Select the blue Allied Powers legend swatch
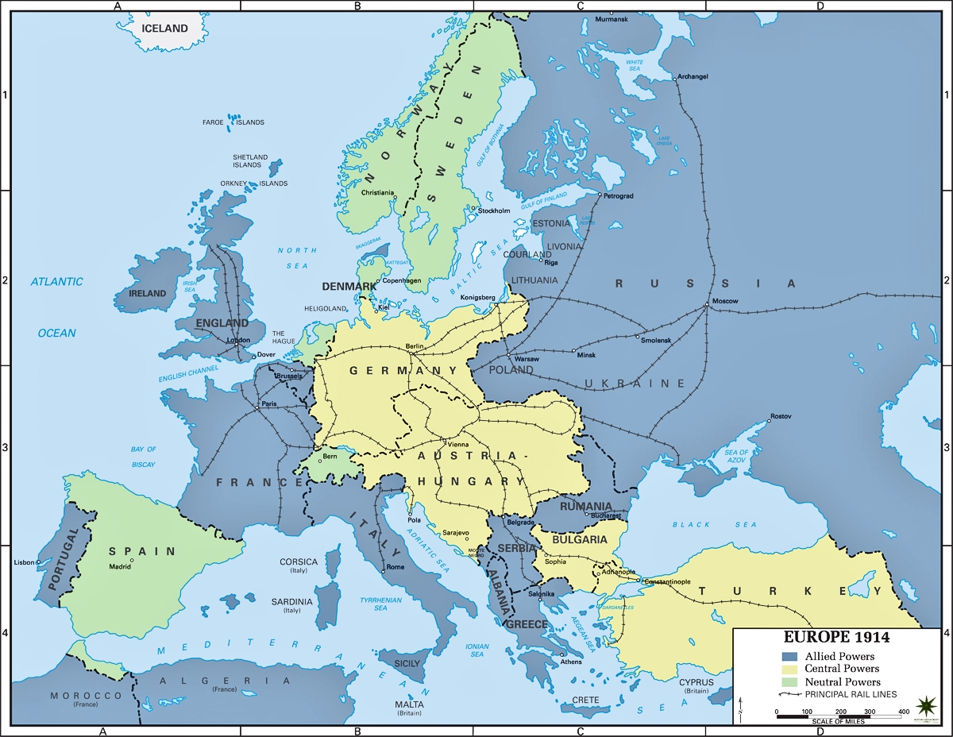pyautogui.click(x=789, y=657)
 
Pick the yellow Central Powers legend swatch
pyautogui.click(x=789, y=669)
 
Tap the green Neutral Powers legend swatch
pyautogui.click(x=789, y=681)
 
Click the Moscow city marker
pyautogui.click(x=707, y=305)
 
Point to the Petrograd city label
pyautogui.click(x=619, y=195)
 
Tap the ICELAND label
pyautogui.click(x=164, y=29)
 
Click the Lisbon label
pyautogui.click(x=25, y=562)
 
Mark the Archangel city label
pyautogui.click(x=693, y=77)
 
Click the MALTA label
pyautogui.click(x=410, y=704)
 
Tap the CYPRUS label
pyautogui.click(x=696, y=682)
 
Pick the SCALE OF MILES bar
pyautogui.click(x=839, y=716)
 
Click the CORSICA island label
pyautogui.click(x=299, y=561)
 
